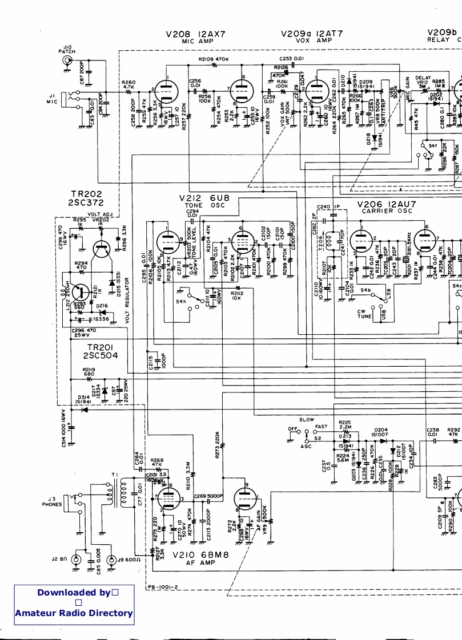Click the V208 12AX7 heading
(x=195, y=34)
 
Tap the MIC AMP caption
(x=195, y=41)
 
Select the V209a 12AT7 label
(x=312, y=34)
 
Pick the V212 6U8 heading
(x=204, y=198)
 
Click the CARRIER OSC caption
(x=383, y=211)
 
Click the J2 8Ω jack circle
(x=75, y=560)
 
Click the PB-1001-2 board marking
(x=163, y=586)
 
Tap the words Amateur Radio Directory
(x=74, y=613)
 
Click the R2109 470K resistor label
(x=213, y=59)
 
